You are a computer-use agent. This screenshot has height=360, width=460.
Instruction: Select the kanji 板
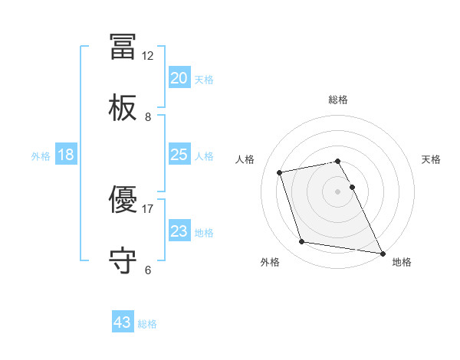click(x=123, y=109)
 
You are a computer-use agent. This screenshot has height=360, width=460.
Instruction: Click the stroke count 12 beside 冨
click(x=148, y=56)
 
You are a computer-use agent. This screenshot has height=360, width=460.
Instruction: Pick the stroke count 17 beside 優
click(x=148, y=208)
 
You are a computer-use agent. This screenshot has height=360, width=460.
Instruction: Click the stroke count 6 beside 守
click(x=148, y=270)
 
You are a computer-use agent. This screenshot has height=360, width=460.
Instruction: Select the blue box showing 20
click(x=179, y=78)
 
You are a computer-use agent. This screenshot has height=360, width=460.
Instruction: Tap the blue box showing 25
click(x=179, y=155)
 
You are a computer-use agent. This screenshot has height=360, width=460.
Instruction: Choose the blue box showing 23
click(x=179, y=231)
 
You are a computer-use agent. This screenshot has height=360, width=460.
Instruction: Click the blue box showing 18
click(x=66, y=155)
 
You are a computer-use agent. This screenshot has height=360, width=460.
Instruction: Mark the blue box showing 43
click(x=123, y=322)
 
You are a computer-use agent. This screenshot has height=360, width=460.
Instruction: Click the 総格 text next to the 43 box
click(x=147, y=324)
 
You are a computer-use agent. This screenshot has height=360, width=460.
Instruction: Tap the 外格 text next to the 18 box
click(x=41, y=156)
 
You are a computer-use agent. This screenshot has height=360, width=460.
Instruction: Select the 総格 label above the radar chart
click(x=338, y=100)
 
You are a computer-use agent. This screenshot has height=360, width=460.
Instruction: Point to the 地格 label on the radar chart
click(x=402, y=263)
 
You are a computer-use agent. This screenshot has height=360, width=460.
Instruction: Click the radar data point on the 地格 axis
click(x=381, y=253)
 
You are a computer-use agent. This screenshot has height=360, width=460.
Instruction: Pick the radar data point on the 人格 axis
click(x=280, y=172)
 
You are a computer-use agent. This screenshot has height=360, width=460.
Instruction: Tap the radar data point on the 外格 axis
click(x=302, y=242)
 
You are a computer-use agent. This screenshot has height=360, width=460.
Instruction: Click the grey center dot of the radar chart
click(x=338, y=191)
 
